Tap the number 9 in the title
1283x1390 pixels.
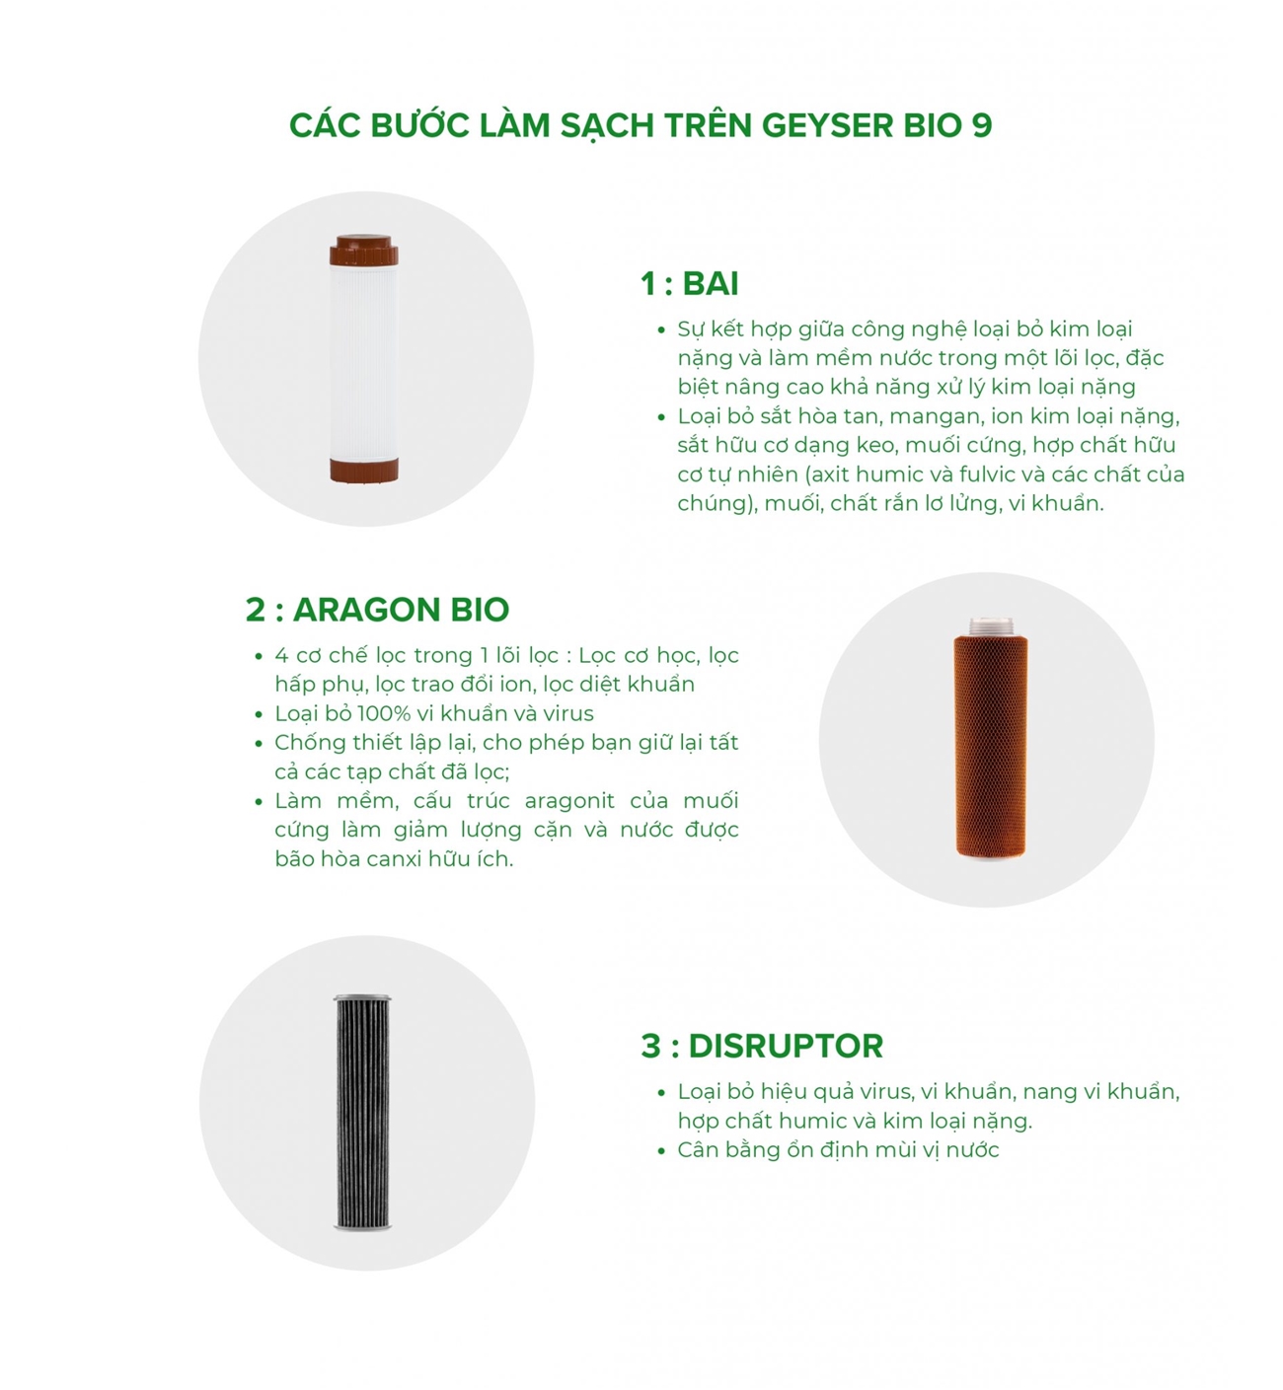982,126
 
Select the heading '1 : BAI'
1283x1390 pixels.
689,283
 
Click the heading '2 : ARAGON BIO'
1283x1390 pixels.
377,610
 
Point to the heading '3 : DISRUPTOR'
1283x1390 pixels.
762,1047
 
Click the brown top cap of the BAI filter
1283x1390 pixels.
364,250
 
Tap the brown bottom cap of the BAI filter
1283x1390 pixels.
364,471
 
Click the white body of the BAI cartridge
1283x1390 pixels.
364,362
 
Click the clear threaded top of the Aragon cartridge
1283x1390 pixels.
991,627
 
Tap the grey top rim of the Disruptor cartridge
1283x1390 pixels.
362,997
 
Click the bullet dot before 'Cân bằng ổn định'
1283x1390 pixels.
661,1151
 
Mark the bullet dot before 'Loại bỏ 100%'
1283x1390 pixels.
259,714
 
